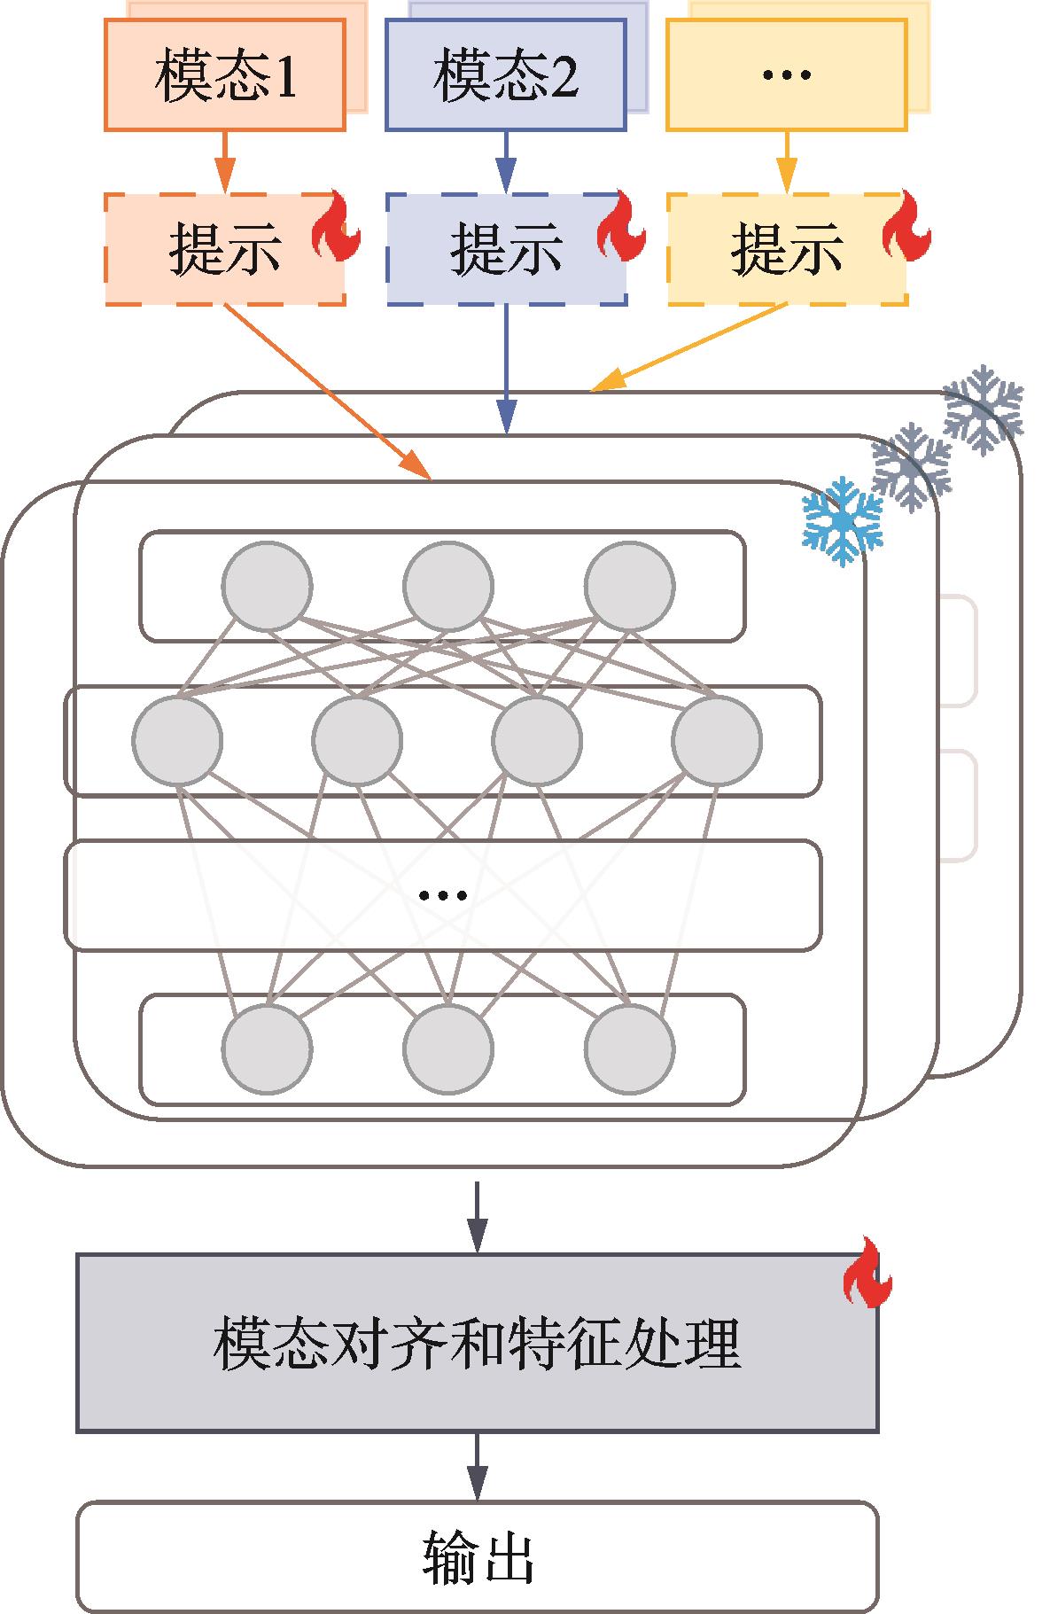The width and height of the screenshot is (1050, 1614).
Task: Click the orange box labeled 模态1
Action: [224, 76]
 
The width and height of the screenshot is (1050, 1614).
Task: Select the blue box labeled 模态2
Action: [505, 76]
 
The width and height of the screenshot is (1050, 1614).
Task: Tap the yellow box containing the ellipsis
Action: [786, 76]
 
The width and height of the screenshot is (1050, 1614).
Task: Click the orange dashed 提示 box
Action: [224, 249]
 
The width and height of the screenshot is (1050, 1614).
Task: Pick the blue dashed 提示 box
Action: [505, 249]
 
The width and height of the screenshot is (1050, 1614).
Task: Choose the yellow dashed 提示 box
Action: [786, 249]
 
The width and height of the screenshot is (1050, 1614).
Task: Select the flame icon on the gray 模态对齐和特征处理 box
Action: [867, 1274]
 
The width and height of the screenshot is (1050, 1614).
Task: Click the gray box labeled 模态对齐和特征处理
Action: [477, 1342]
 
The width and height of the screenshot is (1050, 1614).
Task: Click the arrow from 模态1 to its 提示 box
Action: [224, 161]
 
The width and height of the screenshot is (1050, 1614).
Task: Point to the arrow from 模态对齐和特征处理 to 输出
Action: [477, 1466]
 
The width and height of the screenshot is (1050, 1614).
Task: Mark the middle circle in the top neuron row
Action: [447, 586]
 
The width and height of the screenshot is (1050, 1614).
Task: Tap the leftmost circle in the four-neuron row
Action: [177, 740]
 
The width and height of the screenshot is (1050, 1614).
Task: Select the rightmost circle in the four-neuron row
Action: [716, 740]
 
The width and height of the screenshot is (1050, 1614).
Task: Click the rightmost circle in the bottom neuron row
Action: [629, 1049]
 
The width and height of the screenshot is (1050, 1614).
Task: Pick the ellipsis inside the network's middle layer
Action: [443, 895]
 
